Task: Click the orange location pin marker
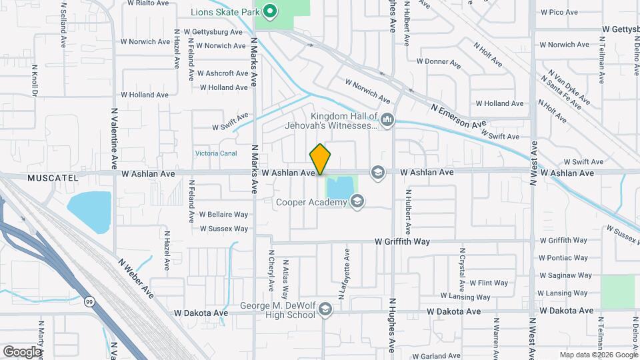[321, 159]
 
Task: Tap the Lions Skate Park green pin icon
[269, 11]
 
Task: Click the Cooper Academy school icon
[357, 201]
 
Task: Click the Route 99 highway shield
[89, 302]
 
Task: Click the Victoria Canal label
[216, 153]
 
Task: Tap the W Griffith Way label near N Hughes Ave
[411, 241]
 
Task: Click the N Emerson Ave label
[459, 116]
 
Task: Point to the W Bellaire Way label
[224, 215]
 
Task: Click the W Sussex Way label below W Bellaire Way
[224, 229]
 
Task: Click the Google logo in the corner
[23, 351]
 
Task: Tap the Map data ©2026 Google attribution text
[598, 355]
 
